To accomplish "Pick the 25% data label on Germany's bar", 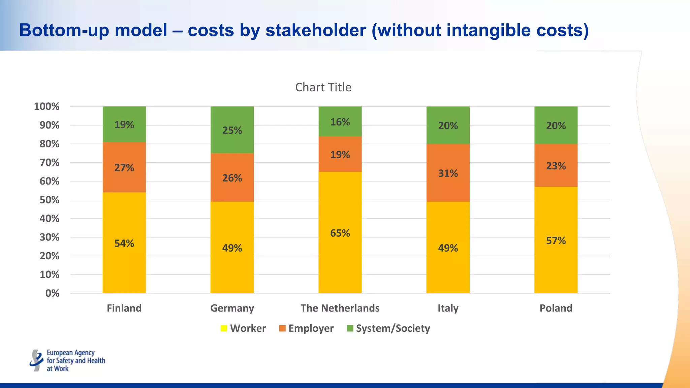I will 232,130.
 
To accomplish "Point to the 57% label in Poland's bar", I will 556,240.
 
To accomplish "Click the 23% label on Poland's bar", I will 556,166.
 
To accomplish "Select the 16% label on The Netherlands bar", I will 340,122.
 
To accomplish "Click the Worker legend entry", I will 243,328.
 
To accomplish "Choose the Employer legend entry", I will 306,328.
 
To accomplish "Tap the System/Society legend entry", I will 388,328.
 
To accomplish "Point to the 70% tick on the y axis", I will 49,163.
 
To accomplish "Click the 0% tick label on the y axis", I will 52,293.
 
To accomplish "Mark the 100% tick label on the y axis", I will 47,106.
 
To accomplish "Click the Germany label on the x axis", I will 232,308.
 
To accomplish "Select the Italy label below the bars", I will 448,308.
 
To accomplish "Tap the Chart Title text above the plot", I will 323,87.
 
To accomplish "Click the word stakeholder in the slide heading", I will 316,30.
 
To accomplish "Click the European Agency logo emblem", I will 36,360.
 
